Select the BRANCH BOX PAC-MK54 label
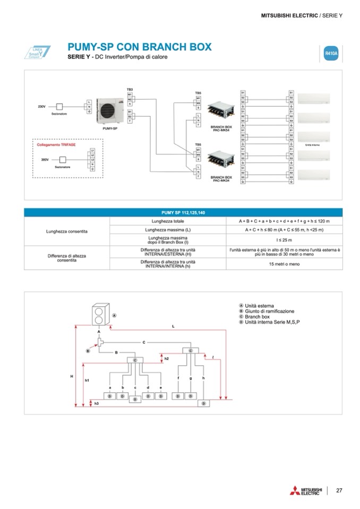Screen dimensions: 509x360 coord(221,128)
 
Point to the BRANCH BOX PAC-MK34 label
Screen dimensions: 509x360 coord(221,178)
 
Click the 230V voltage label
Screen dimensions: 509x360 coord(41,107)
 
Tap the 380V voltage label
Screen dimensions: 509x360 coord(45,159)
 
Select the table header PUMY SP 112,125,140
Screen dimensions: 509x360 coord(183,212)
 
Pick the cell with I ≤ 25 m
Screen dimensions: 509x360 coord(284,240)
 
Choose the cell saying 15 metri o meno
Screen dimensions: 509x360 coord(284,263)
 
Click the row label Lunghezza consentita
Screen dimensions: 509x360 coord(67,231)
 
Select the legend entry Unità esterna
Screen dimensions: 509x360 coord(259,306)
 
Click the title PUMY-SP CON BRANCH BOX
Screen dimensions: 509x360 coord(140,47)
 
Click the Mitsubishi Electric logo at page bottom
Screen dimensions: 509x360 coord(305,490)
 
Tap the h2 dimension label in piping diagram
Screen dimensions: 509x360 coord(166,359)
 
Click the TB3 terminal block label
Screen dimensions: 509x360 coord(130,89)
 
